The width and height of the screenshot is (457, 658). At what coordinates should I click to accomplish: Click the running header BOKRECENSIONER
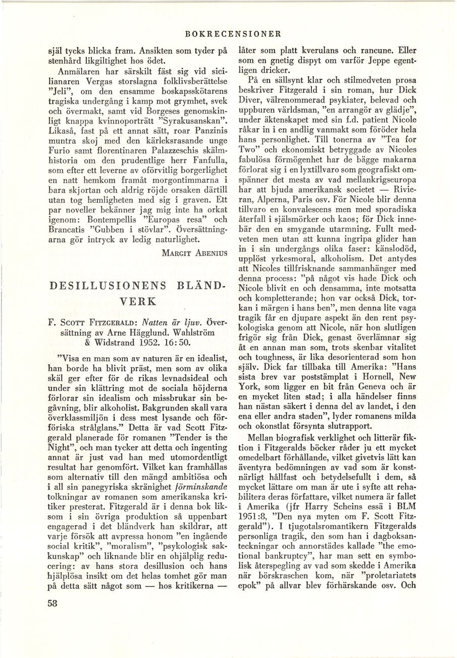click(x=233, y=34)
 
